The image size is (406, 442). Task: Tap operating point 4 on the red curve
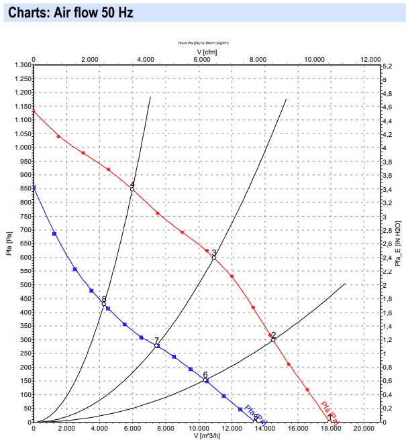pos(132,189)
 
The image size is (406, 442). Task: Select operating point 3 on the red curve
pos(214,257)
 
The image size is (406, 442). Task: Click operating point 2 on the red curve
pos(273,339)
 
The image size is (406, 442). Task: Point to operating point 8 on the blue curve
pos(103,303)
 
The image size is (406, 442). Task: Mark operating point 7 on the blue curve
pos(157,345)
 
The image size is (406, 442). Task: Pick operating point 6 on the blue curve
pos(205,380)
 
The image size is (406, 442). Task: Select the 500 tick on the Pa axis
pos(25,285)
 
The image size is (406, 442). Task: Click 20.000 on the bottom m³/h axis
pos(363,428)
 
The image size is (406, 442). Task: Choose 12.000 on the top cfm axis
pos(370,60)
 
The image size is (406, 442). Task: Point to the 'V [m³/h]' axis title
pos(208,436)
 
